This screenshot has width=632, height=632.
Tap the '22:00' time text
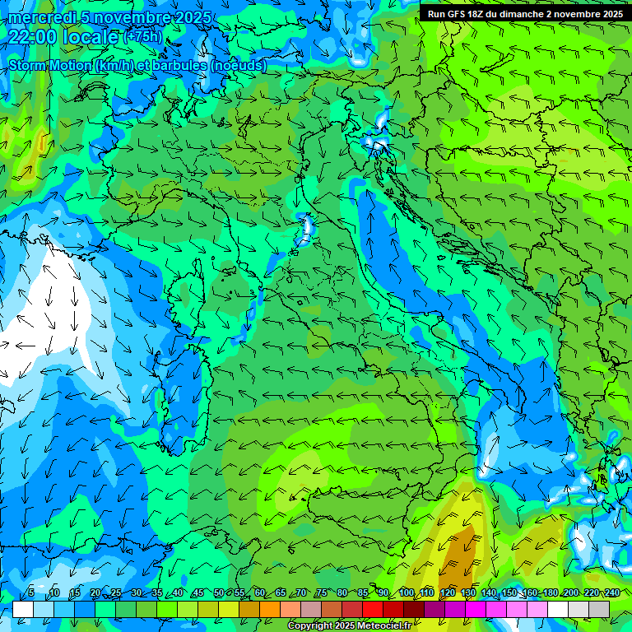[33, 37]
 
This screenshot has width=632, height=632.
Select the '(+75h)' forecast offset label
[142, 37]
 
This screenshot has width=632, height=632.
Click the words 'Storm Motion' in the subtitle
[50, 65]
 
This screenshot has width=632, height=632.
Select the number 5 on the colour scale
[31, 593]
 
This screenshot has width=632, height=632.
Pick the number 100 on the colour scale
[407, 593]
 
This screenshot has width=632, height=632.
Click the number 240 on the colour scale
[612, 593]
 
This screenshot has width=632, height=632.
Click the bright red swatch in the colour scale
[373, 609]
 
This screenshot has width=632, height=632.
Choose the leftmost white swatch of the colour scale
[23, 609]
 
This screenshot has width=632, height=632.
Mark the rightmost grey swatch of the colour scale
[599, 609]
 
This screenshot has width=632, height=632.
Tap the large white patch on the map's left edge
[33, 329]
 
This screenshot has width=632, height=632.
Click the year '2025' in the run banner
[611, 14]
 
